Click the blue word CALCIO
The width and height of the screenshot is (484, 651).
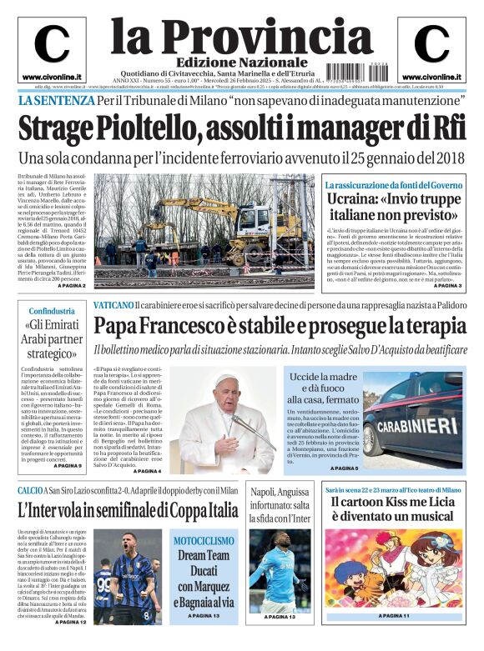pos(31,490)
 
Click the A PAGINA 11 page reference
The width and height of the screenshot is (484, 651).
pos(392,616)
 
